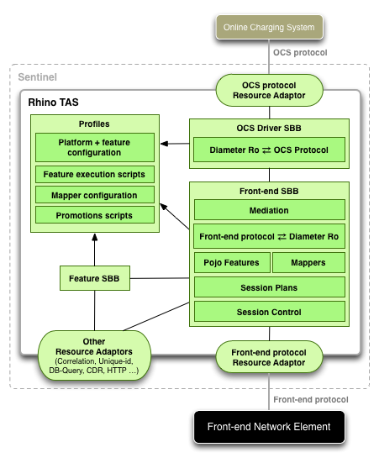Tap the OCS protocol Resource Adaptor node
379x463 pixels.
[269, 90]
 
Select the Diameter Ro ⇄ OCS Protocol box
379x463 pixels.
[269, 150]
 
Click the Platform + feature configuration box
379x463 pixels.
[94, 149]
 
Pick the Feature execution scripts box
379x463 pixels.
[94, 175]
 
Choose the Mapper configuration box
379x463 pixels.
[94, 195]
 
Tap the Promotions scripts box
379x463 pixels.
[94, 215]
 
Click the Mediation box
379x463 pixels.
[269, 211]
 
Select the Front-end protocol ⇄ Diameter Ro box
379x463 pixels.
[269, 237]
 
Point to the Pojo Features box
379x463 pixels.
[232, 263]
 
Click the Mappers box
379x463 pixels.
[308, 263]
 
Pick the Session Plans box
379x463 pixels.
[269, 287]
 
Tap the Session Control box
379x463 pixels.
[269, 312]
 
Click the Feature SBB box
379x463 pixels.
[94, 277]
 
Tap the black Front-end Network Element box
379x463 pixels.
[269, 426]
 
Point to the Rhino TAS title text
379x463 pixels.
[53, 103]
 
